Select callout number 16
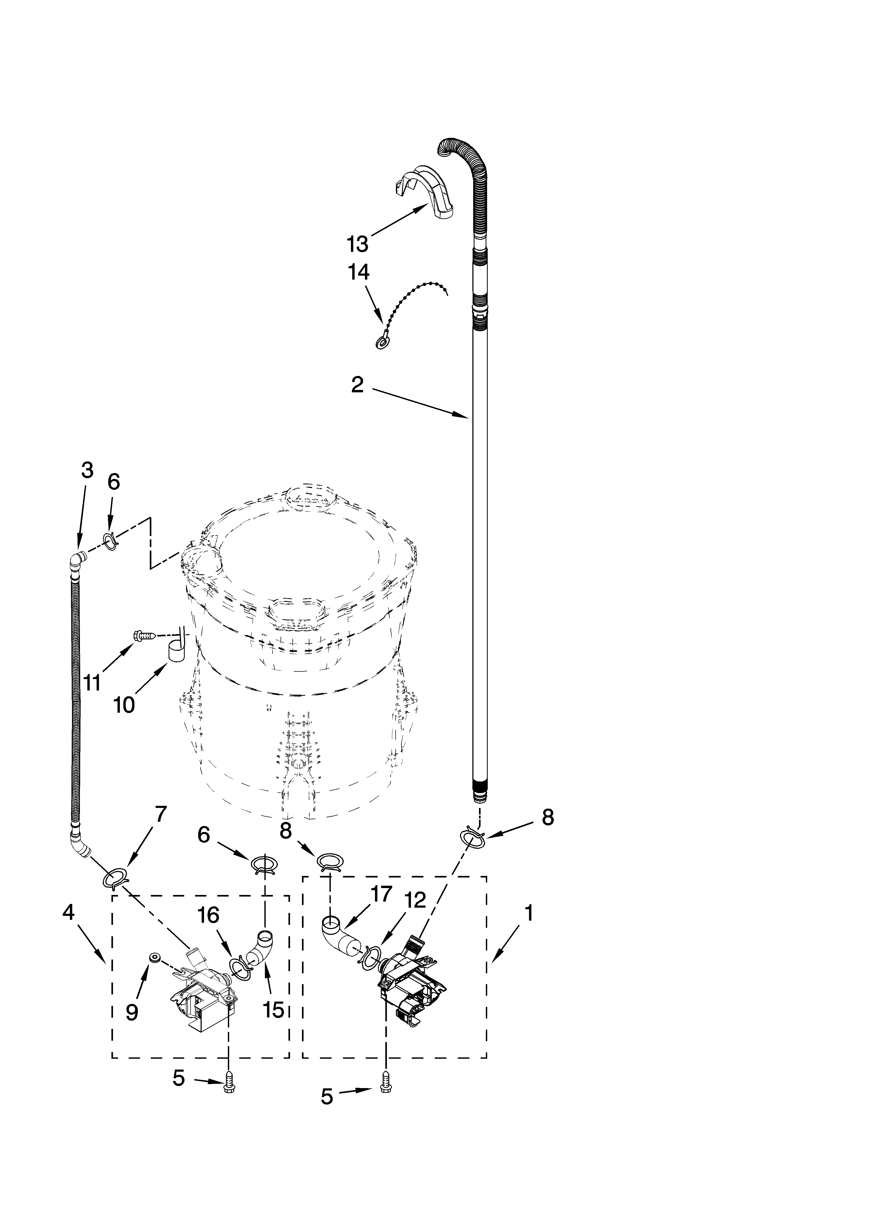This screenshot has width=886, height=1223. (x=208, y=915)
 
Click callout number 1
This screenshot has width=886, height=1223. (x=529, y=913)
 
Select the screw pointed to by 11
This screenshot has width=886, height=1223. (x=144, y=636)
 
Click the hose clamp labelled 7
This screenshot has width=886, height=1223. (x=115, y=878)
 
